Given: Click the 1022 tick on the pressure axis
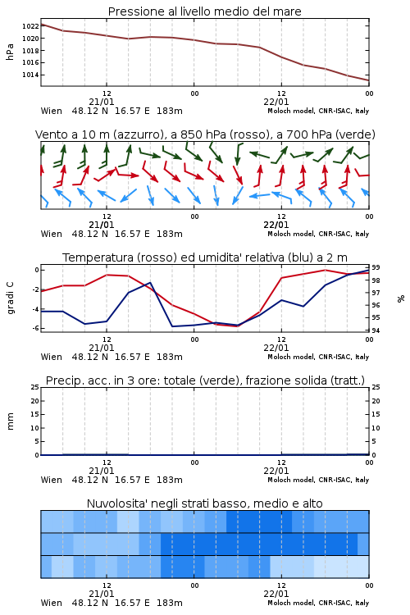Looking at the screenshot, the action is tap(30, 26).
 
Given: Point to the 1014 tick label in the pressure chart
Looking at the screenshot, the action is tap(30, 75).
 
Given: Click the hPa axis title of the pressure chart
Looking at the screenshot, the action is tap(10, 52).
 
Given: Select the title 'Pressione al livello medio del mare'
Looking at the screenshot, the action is tap(205, 11).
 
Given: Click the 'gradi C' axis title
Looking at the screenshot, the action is tap(10, 298).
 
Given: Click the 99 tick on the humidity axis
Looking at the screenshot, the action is tap(376, 267).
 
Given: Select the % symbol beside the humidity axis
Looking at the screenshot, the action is tap(401, 298).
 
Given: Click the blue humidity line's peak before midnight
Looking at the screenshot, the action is tap(150, 282).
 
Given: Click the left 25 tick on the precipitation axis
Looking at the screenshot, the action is tap(35, 387).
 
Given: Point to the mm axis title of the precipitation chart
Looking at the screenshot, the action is tap(10, 421).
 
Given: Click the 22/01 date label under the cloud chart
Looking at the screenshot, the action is tap(276, 594).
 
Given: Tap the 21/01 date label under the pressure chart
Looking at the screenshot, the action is tap(102, 102).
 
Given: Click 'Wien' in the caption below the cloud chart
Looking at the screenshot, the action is tap(52, 603).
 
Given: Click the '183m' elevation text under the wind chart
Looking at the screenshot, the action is tap(170, 234).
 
